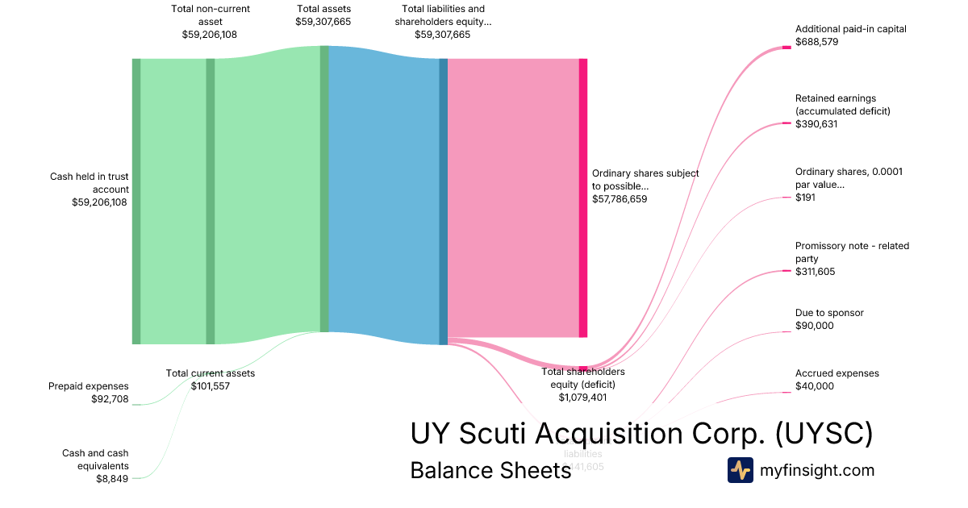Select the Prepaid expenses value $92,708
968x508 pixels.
[x=110, y=398]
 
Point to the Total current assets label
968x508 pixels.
[x=210, y=373]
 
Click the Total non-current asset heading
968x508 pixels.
[x=210, y=15]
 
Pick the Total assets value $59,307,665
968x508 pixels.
[x=323, y=22]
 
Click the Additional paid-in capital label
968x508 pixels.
[x=850, y=29]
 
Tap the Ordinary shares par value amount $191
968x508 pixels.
[x=805, y=198]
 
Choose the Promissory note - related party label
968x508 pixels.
[x=851, y=252]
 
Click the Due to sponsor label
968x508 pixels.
[x=829, y=313]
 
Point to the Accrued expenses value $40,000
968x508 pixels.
[x=814, y=386]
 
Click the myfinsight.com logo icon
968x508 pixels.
[x=740, y=470]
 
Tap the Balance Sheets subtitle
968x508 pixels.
[x=490, y=470]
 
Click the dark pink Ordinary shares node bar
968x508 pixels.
[x=582, y=198]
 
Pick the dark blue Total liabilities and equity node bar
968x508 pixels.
[x=443, y=202]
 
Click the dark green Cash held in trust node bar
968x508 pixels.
[x=136, y=202]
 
